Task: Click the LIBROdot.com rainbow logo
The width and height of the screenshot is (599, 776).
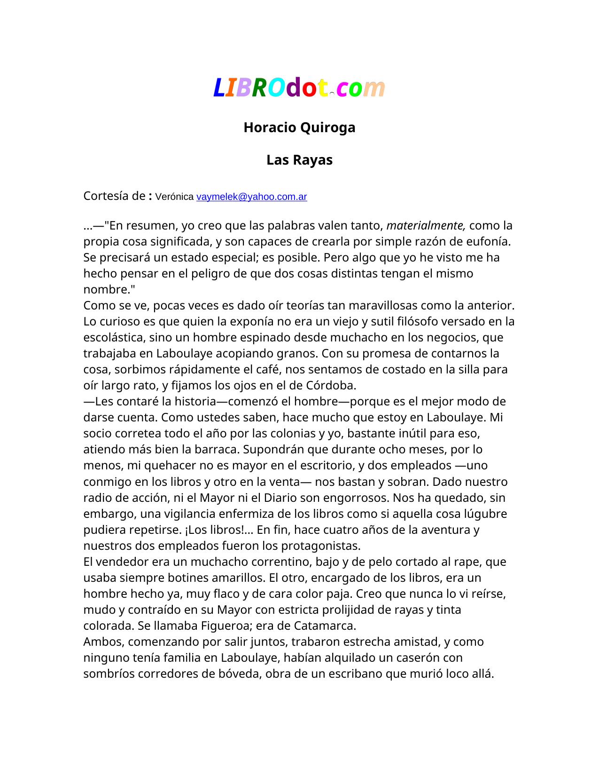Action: [x=299, y=87]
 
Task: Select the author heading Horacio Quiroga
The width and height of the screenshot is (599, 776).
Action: [x=299, y=127]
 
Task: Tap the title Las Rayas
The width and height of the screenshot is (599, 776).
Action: [x=299, y=160]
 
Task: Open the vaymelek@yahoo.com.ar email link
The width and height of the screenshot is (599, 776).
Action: [x=251, y=197]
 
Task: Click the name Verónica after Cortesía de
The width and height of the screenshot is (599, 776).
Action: [x=174, y=197]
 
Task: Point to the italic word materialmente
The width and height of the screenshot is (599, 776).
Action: [x=426, y=226]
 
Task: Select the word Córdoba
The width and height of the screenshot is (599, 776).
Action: [x=331, y=386]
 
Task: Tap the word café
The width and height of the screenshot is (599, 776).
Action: [x=269, y=370]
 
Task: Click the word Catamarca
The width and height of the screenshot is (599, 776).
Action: [x=325, y=626]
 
